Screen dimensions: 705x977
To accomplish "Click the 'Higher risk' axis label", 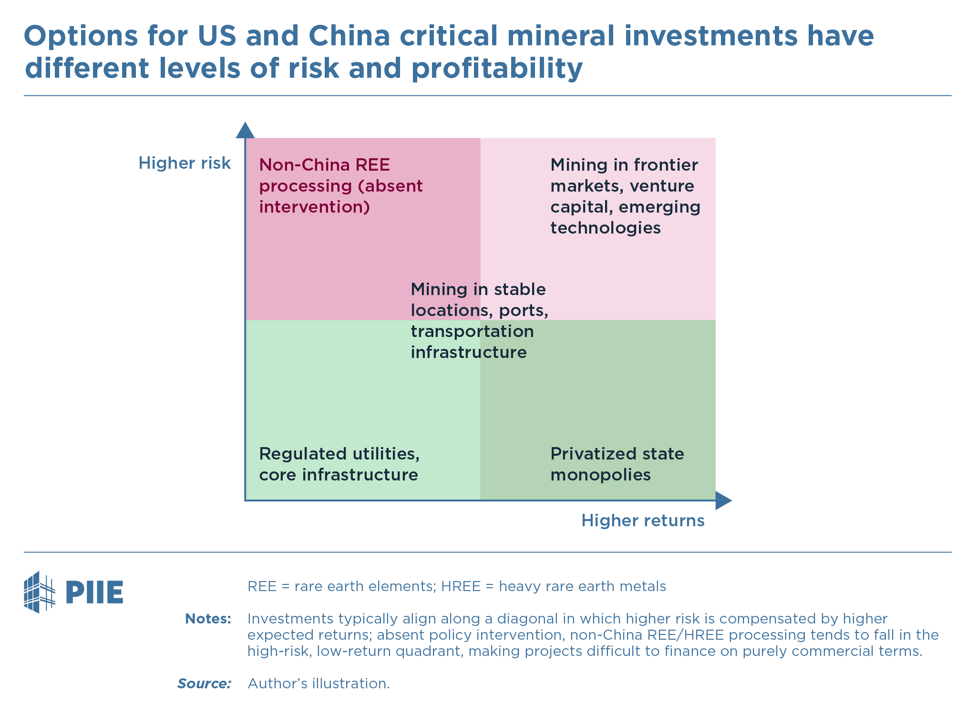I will pos(185,163).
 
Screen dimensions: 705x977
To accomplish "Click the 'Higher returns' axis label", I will pos(642,521).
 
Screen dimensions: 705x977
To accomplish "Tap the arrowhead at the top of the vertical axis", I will pos(245,130).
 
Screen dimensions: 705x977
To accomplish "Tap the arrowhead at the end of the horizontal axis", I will pos(723,501).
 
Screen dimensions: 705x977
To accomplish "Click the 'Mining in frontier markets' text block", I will pos(625,196).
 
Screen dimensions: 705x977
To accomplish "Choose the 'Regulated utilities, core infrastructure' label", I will pos(339,464).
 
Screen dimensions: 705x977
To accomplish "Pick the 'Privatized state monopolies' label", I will pos(617,464).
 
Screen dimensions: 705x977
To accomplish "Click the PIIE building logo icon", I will pos(39,592).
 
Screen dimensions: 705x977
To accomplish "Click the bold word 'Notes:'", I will pos(208,619).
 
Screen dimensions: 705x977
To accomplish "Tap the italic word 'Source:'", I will pos(204,684).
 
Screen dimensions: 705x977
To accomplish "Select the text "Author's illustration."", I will pos(319,684).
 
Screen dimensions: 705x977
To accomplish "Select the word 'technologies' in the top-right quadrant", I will pos(605,228).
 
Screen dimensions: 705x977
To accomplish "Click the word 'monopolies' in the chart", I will pos(600,475).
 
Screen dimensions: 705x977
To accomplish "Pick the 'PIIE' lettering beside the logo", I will pos(94,593).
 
